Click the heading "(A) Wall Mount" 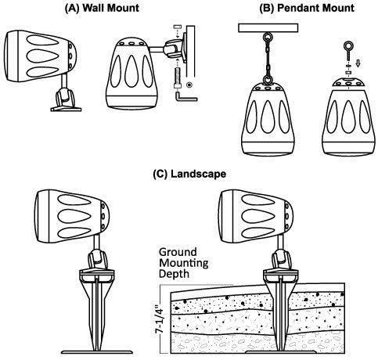click(x=102, y=8)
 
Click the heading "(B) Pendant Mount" click(x=307, y=8)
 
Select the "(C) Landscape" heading click(x=189, y=174)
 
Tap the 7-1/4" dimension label click(x=159, y=319)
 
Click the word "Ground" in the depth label click(x=178, y=252)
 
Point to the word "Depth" click(x=174, y=274)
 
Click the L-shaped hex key click(x=185, y=97)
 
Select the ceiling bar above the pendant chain click(x=268, y=28)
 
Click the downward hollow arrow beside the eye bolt click(x=358, y=63)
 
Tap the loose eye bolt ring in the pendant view click(x=348, y=46)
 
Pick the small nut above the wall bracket click(x=177, y=27)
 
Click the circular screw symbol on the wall click(x=189, y=85)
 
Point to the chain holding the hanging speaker click(x=268, y=59)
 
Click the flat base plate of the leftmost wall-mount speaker click(x=66, y=109)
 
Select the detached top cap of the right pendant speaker click(x=348, y=82)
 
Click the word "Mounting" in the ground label click(x=184, y=264)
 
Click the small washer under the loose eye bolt click(x=348, y=72)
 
